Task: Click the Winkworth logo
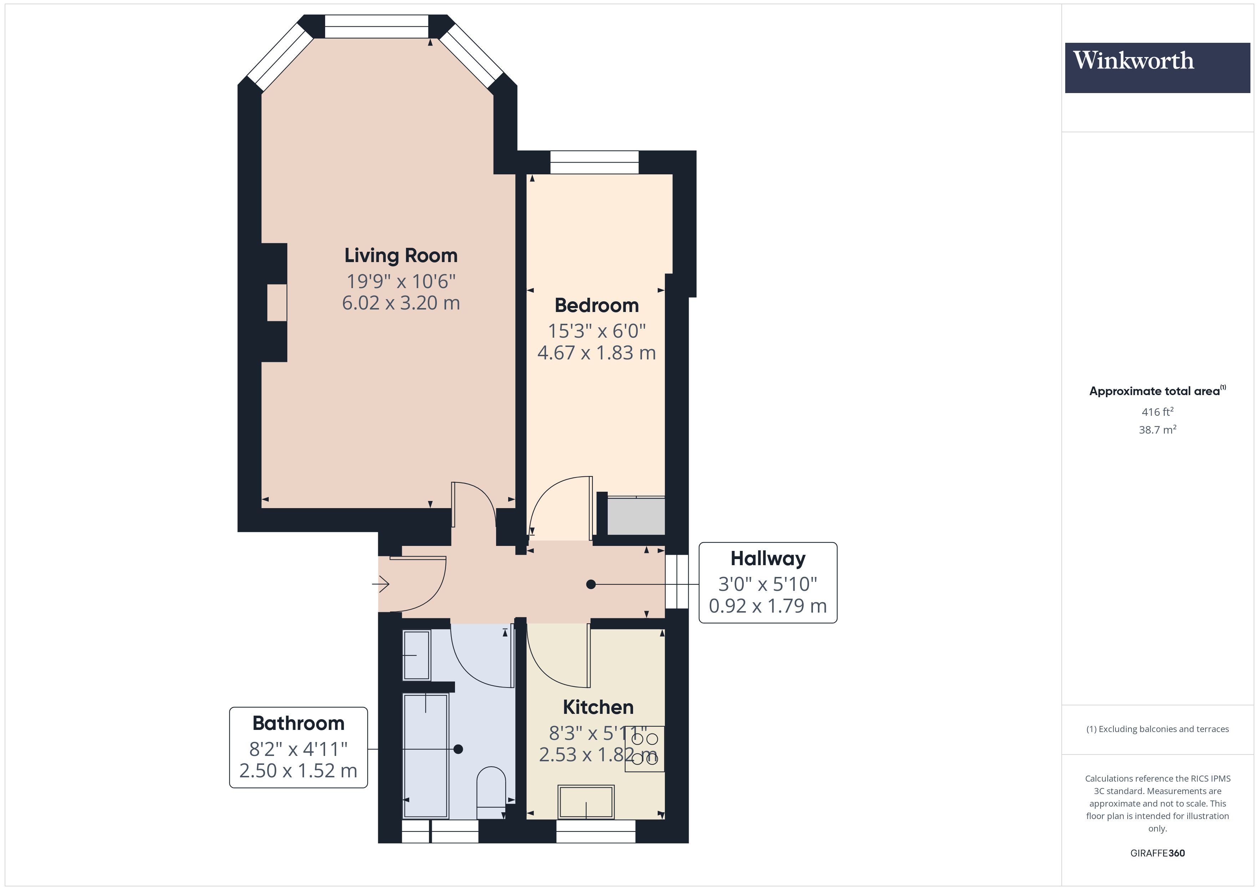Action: [x=1157, y=67]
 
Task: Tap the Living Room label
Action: [x=400, y=255]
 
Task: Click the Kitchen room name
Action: [x=598, y=707]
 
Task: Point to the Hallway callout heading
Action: [x=767, y=558]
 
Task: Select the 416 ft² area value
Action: [x=1157, y=411]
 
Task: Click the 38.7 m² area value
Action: [x=1157, y=430]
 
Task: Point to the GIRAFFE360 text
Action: [x=1157, y=853]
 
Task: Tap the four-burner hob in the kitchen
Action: [x=644, y=748]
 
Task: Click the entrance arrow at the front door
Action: [x=381, y=584]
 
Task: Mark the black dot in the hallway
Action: [x=591, y=584]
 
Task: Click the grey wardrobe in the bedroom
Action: [x=636, y=516]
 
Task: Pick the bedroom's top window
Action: [x=595, y=162]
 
